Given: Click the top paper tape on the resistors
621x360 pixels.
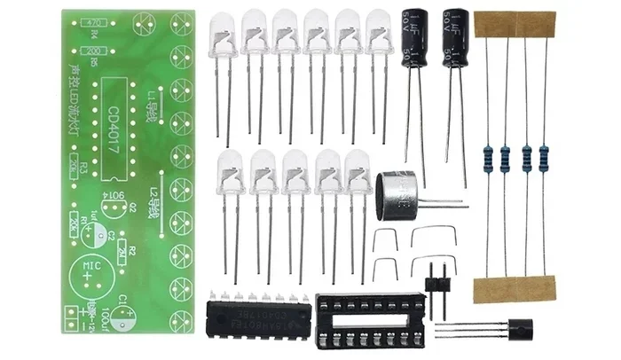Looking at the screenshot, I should click(515, 24).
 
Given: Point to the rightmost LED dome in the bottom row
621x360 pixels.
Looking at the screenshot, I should click(358, 170).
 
